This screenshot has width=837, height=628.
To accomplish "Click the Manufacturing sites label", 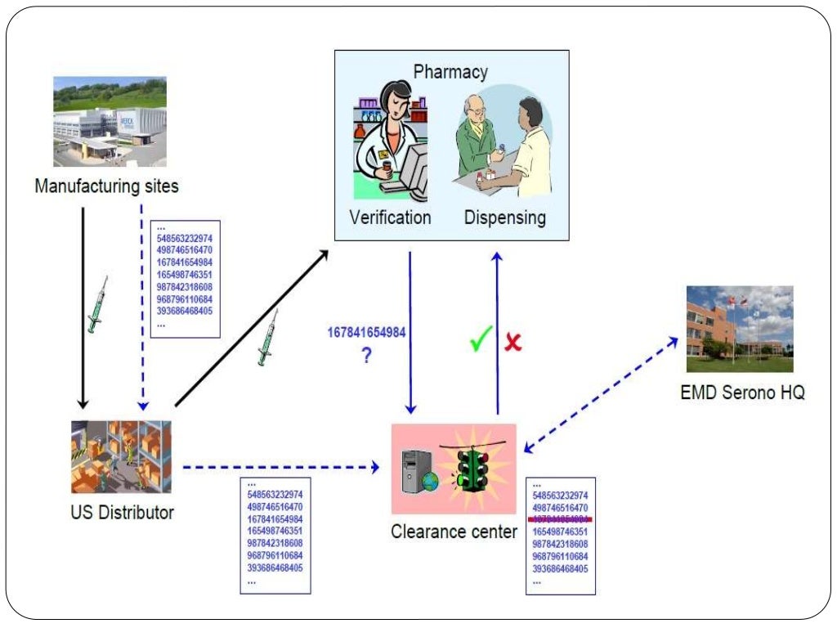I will [106, 186].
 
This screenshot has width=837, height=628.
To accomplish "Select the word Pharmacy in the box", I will [450, 71].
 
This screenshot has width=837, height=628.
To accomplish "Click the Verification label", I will [390, 218].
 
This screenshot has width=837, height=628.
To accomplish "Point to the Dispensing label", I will [504, 218].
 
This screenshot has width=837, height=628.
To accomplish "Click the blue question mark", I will [367, 356].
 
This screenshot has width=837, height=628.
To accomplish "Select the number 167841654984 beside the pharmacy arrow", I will [366, 333].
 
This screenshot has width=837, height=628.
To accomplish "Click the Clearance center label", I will [454, 532].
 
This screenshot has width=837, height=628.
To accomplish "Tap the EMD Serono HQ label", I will [742, 392].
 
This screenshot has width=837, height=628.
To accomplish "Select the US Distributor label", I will [122, 514].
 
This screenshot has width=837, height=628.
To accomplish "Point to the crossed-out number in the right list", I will [560, 519].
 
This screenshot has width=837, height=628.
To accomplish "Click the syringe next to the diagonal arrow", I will [266, 343].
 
